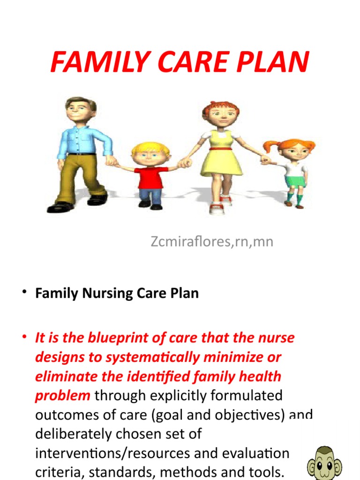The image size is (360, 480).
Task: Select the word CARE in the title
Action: coord(189,62)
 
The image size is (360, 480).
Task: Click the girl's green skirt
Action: coord(295,181)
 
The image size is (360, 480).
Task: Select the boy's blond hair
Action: coord(150,149)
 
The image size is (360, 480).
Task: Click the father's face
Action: coord(78,111)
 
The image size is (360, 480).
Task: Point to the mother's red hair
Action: coord(220,108)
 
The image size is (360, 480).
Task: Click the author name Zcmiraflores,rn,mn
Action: coord(212,242)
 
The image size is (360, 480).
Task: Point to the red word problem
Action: coord(62,396)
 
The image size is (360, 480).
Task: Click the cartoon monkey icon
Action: coord(324,462)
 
